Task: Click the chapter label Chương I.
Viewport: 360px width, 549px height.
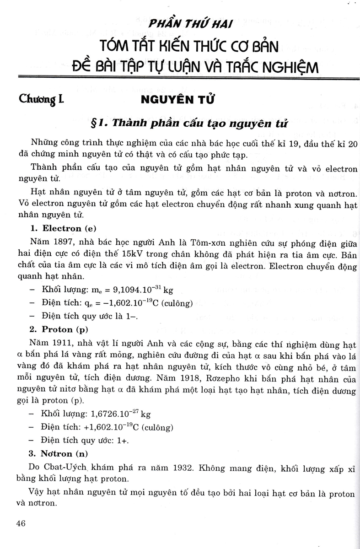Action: pyautogui.click(x=42, y=99)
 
